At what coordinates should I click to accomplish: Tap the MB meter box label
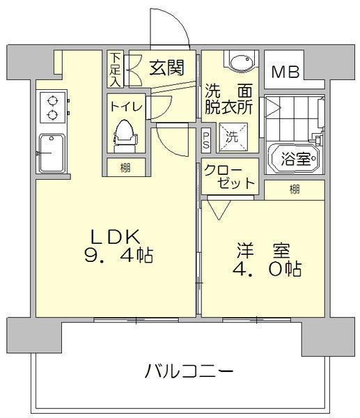click(x=285, y=72)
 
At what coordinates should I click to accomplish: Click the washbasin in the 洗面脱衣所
click(x=241, y=63)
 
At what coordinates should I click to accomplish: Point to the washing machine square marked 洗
click(x=233, y=137)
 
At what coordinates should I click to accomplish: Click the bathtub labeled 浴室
click(x=295, y=159)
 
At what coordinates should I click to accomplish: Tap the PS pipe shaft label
click(x=205, y=140)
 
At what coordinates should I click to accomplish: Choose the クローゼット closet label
click(x=229, y=176)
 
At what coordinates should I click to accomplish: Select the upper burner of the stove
click(x=52, y=101)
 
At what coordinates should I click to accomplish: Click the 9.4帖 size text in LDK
click(x=118, y=255)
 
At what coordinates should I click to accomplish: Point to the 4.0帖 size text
click(x=267, y=269)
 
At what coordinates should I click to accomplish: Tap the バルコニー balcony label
click(x=189, y=371)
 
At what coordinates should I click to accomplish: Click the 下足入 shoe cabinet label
click(x=115, y=69)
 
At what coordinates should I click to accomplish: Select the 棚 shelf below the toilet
click(x=125, y=168)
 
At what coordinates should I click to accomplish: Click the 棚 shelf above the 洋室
click(x=295, y=189)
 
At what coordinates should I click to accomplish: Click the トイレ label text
click(x=126, y=107)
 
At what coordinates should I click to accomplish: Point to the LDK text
click(x=116, y=237)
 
